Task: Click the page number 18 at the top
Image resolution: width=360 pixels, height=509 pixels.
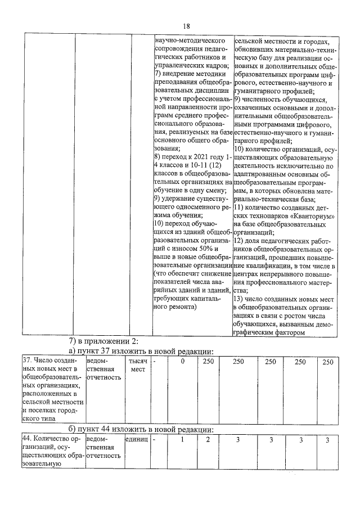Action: (186, 26)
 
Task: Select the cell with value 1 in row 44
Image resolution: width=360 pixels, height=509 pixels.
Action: (183, 439)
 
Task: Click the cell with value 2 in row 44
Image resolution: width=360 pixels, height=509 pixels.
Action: (208, 439)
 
